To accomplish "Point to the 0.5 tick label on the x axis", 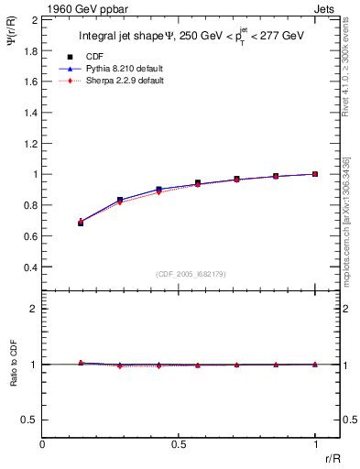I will pos(179,443).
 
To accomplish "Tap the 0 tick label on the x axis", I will pos(42,443).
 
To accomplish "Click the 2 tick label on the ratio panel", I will pos(34,309).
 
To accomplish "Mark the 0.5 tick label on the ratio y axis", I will pos(30,420).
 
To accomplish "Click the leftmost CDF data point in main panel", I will pos(81,223).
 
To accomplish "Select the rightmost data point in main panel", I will pos(315,173).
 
